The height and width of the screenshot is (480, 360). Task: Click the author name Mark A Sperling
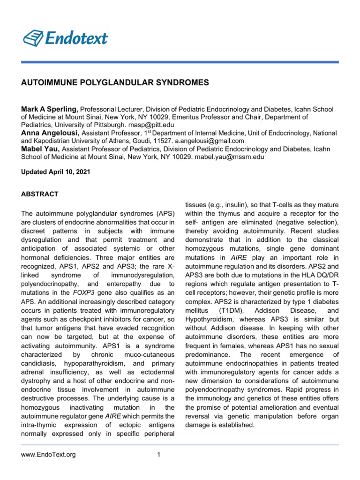[51, 109]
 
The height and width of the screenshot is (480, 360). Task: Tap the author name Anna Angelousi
[53, 133]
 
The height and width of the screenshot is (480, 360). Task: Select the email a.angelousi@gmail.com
[210, 141]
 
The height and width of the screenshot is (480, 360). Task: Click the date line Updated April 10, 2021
[55, 172]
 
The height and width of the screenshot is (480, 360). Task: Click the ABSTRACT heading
[40, 194]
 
